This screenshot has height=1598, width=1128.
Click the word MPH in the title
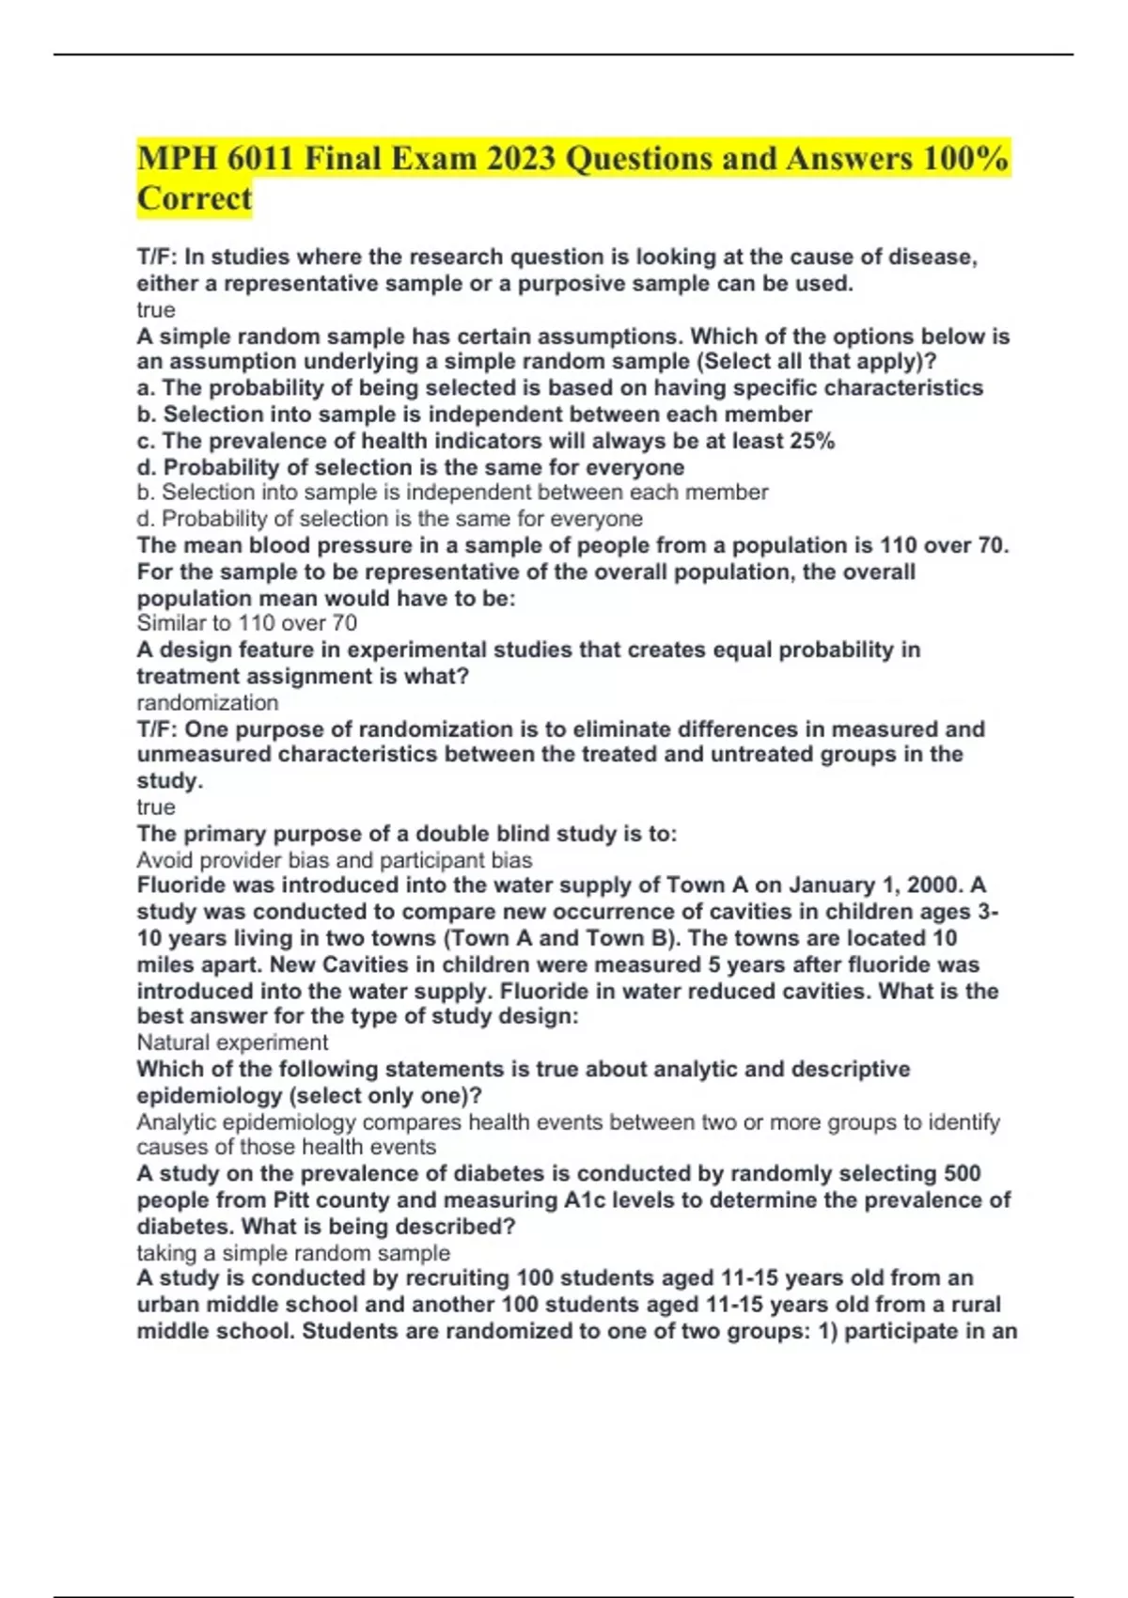170,159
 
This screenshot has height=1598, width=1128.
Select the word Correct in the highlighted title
195,199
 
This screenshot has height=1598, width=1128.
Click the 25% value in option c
812,441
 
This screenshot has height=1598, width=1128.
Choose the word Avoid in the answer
164,860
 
